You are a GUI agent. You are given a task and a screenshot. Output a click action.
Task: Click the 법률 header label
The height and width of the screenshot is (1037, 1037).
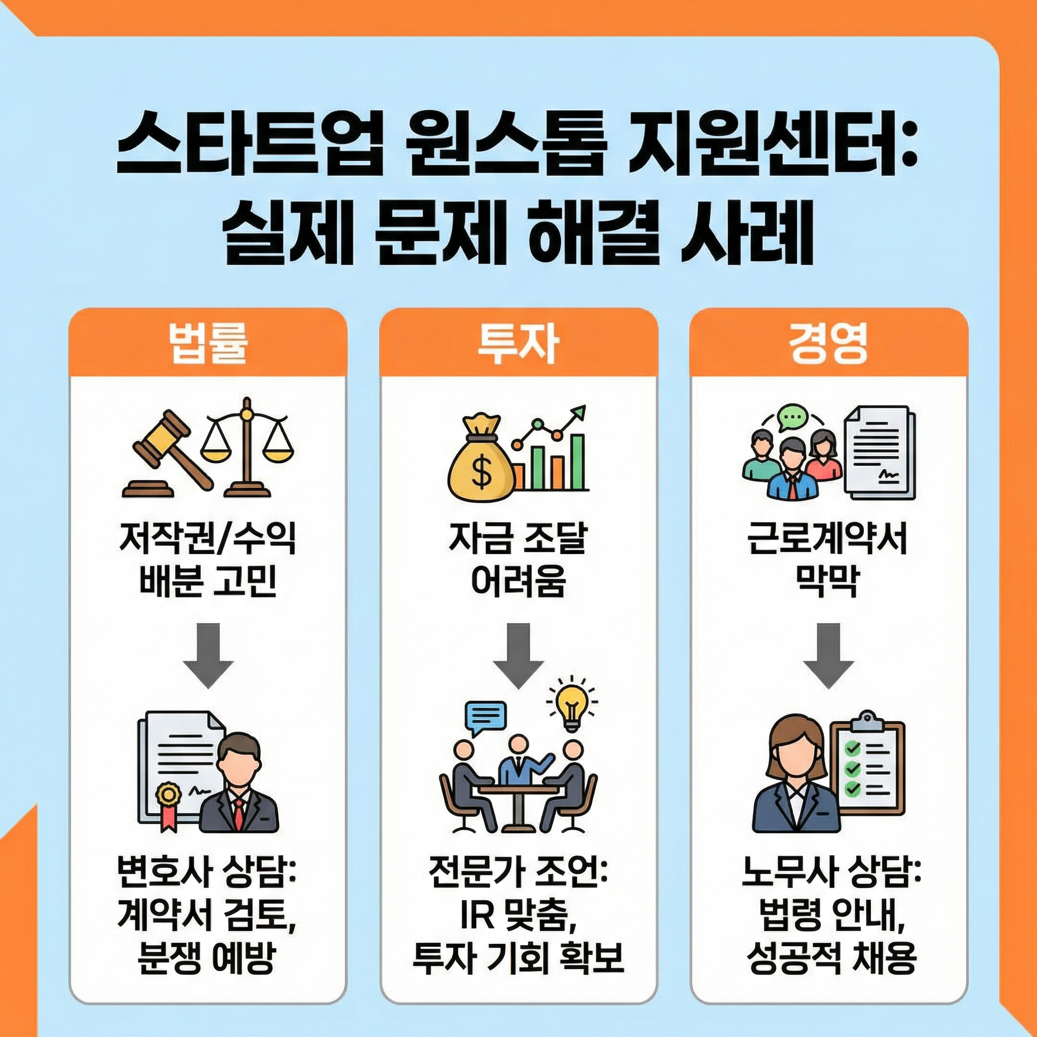point(207,343)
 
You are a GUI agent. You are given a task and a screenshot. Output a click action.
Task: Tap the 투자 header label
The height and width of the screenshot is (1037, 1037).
point(518,343)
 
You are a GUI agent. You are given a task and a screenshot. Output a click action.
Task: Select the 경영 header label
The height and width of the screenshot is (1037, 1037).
point(828,343)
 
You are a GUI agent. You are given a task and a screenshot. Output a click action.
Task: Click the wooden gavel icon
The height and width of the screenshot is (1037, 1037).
point(167,451)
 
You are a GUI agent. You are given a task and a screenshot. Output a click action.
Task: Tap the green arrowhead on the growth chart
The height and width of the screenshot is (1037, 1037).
point(579,412)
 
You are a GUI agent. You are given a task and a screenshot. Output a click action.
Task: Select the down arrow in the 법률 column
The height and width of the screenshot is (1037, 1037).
point(208,655)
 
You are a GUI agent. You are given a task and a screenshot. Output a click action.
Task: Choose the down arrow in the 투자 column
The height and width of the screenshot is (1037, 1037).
point(518,655)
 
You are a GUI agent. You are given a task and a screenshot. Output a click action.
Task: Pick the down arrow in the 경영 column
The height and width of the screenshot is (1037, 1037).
point(828,655)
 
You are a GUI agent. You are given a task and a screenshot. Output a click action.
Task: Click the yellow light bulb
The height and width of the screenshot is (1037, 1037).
point(572,703)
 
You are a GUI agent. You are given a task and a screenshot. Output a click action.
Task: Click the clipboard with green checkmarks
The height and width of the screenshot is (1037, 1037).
point(866,768)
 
